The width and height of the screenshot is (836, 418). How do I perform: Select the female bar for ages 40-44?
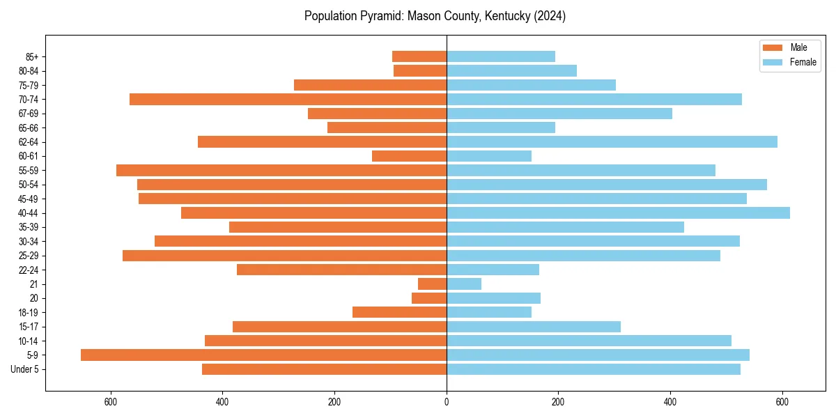(x=618, y=213)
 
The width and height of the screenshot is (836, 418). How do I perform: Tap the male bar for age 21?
(x=432, y=284)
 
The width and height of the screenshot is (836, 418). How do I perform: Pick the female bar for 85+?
(x=501, y=56)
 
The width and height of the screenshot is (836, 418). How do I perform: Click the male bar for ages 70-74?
(x=288, y=100)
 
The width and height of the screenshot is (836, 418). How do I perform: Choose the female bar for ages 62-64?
(x=612, y=142)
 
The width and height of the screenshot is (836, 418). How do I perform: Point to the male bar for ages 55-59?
(x=281, y=171)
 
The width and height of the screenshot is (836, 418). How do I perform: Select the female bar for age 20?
(x=493, y=298)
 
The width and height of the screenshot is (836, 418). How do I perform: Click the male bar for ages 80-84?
(x=420, y=71)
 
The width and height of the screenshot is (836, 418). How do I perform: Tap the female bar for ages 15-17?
(x=534, y=327)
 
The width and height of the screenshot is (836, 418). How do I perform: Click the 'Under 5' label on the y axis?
(x=25, y=369)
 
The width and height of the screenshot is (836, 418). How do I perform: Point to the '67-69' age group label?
(x=29, y=114)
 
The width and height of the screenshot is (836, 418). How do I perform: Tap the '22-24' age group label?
(x=29, y=270)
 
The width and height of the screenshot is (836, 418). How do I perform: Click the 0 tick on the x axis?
(x=447, y=403)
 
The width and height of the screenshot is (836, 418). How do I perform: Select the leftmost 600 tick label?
(x=110, y=403)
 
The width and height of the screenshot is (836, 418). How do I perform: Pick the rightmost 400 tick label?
(x=670, y=403)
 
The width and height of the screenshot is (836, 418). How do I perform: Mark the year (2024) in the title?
(x=550, y=16)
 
